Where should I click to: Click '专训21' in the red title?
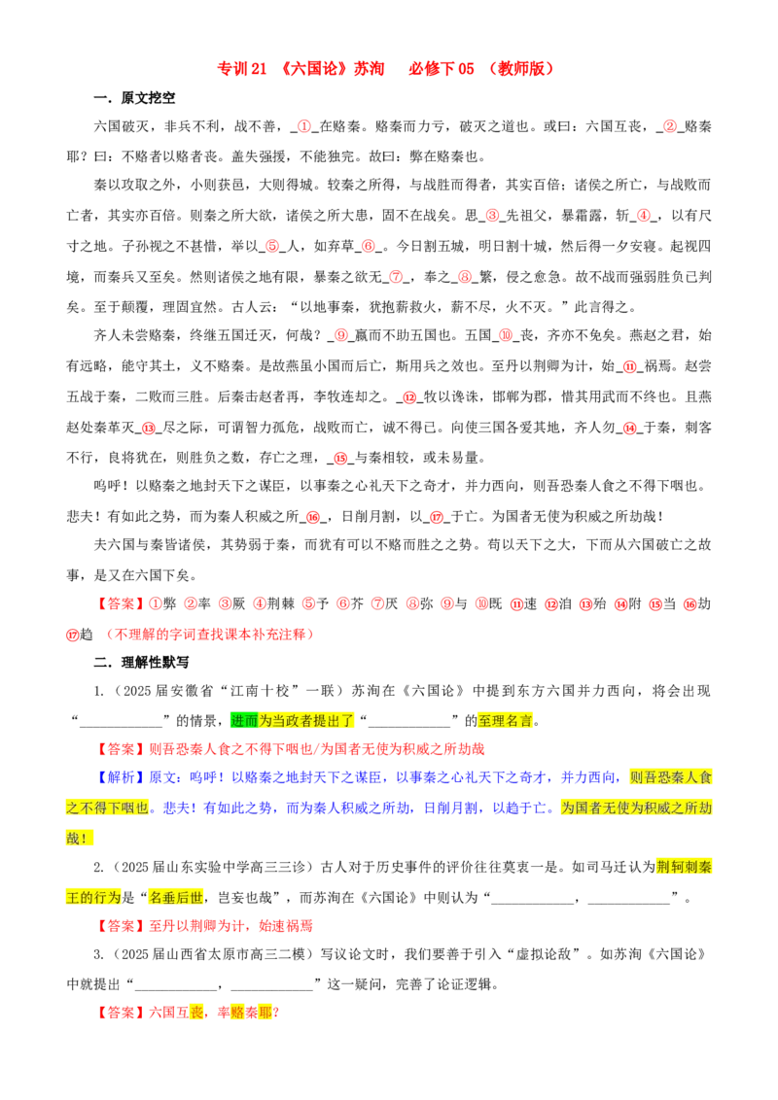(241, 69)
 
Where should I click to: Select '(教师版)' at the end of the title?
(521, 69)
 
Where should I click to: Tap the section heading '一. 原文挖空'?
(134, 98)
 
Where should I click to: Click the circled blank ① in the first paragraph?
(304, 126)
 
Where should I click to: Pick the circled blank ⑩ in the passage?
(506, 335)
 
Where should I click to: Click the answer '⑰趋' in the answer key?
(80, 635)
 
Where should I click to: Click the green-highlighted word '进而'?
(244, 720)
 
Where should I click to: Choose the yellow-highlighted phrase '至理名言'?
(506, 720)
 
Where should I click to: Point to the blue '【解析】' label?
(121, 777)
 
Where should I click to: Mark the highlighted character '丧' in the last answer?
(197, 1013)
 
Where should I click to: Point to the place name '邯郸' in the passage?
(507, 396)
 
